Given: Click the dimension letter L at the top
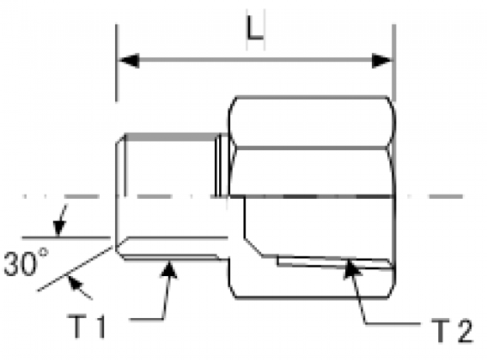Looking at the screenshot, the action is click(x=254, y=29).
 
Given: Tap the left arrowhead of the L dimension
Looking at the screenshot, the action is click(x=129, y=60).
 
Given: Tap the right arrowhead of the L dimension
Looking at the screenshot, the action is click(x=382, y=60).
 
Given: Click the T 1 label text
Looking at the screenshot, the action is click(x=86, y=326).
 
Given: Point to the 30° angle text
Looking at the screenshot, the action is click(x=26, y=263).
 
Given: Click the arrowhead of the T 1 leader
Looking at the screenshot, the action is click(x=169, y=270).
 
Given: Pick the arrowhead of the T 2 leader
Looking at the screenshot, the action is click(x=352, y=269).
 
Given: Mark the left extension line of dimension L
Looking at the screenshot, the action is click(x=117, y=63).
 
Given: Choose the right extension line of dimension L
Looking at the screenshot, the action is click(x=394, y=63).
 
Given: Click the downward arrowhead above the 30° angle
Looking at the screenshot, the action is click(x=59, y=228).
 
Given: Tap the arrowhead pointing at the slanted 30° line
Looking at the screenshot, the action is click(x=74, y=282).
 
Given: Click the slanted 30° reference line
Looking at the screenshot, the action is click(x=75, y=269).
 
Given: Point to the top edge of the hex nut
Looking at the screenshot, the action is click(x=312, y=97).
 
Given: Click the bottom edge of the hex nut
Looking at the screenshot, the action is click(x=312, y=298).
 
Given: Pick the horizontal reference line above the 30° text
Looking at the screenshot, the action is click(x=66, y=238).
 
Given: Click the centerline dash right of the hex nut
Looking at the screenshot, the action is click(x=446, y=196).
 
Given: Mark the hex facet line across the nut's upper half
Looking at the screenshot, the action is click(x=312, y=148).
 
